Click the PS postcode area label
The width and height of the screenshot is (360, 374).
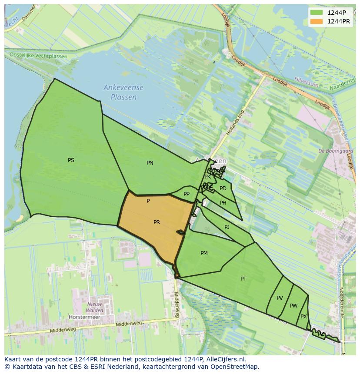pyautogui.click(x=71, y=160)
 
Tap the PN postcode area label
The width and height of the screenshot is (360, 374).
pyautogui.click(x=150, y=163)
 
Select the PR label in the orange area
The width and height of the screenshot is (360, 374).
pyautogui.click(x=157, y=222)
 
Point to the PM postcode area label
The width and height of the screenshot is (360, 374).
pyautogui.click(x=204, y=253)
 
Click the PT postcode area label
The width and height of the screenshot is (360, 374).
pyautogui.click(x=243, y=279)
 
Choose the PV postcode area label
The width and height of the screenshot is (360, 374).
pyautogui.click(x=280, y=298)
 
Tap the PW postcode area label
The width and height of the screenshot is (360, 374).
pyautogui.click(x=293, y=306)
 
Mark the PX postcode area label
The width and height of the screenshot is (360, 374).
pyautogui.click(x=303, y=317)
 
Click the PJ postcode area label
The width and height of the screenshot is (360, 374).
pyautogui.click(x=227, y=227)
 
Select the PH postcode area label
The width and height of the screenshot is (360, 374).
pyautogui.click(x=223, y=203)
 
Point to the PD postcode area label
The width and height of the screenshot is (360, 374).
pyautogui.click(x=223, y=189)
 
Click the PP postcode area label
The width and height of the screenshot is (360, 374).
pyautogui.click(x=187, y=194)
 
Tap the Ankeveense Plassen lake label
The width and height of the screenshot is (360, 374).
pyautogui.click(x=123, y=93)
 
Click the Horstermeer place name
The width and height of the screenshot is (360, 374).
pyautogui.click(x=84, y=317)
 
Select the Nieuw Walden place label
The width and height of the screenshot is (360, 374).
pyautogui.click(x=94, y=307)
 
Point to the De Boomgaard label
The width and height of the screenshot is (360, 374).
pyautogui.click(x=335, y=151)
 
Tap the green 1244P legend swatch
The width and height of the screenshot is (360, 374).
pyautogui.click(x=316, y=13)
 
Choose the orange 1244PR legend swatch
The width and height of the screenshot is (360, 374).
pyautogui.click(x=316, y=21)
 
